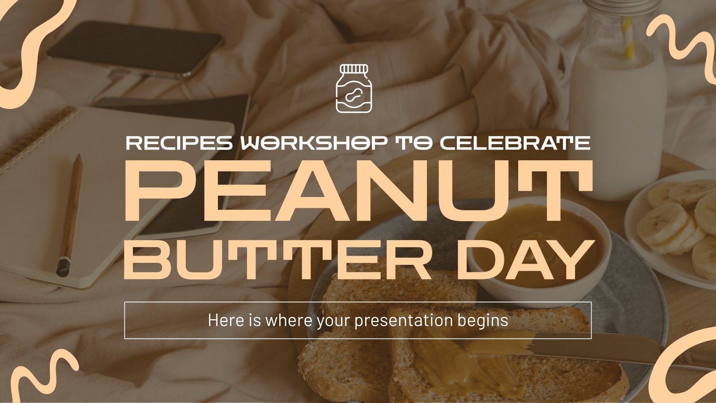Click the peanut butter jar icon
354,88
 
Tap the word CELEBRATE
515,143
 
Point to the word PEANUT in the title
358,191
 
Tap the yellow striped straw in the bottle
628,38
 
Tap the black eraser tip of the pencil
63,267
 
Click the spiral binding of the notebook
36,134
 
